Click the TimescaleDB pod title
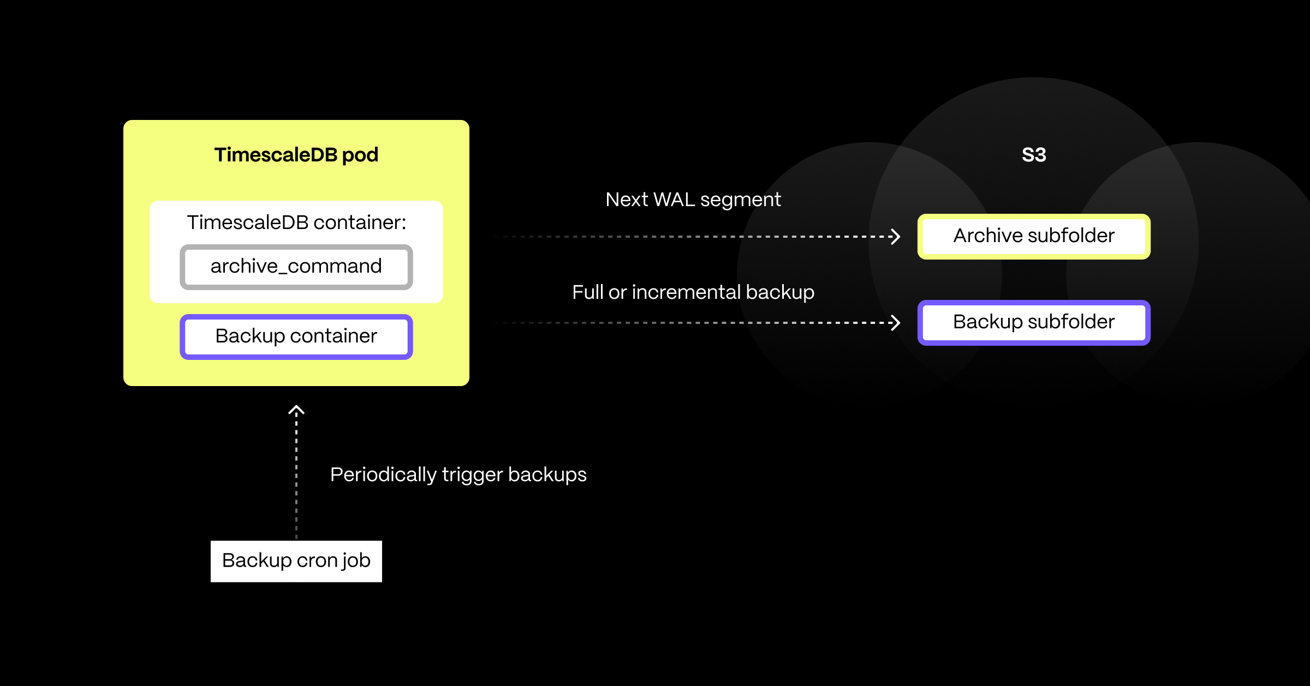(296, 155)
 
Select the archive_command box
(296, 267)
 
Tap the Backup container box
(296, 336)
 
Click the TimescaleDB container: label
(296, 222)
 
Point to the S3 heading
(1034, 155)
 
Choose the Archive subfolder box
(1034, 236)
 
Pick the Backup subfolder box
(1034, 322)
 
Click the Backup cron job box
(296, 561)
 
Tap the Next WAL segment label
(693, 200)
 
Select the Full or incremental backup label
(693, 292)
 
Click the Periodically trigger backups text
(458, 474)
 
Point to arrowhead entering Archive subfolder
(895, 237)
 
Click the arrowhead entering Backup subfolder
(895, 323)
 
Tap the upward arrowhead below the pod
(296, 410)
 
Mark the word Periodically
(383, 474)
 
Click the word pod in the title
(360, 155)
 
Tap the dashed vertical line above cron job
(296, 474)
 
